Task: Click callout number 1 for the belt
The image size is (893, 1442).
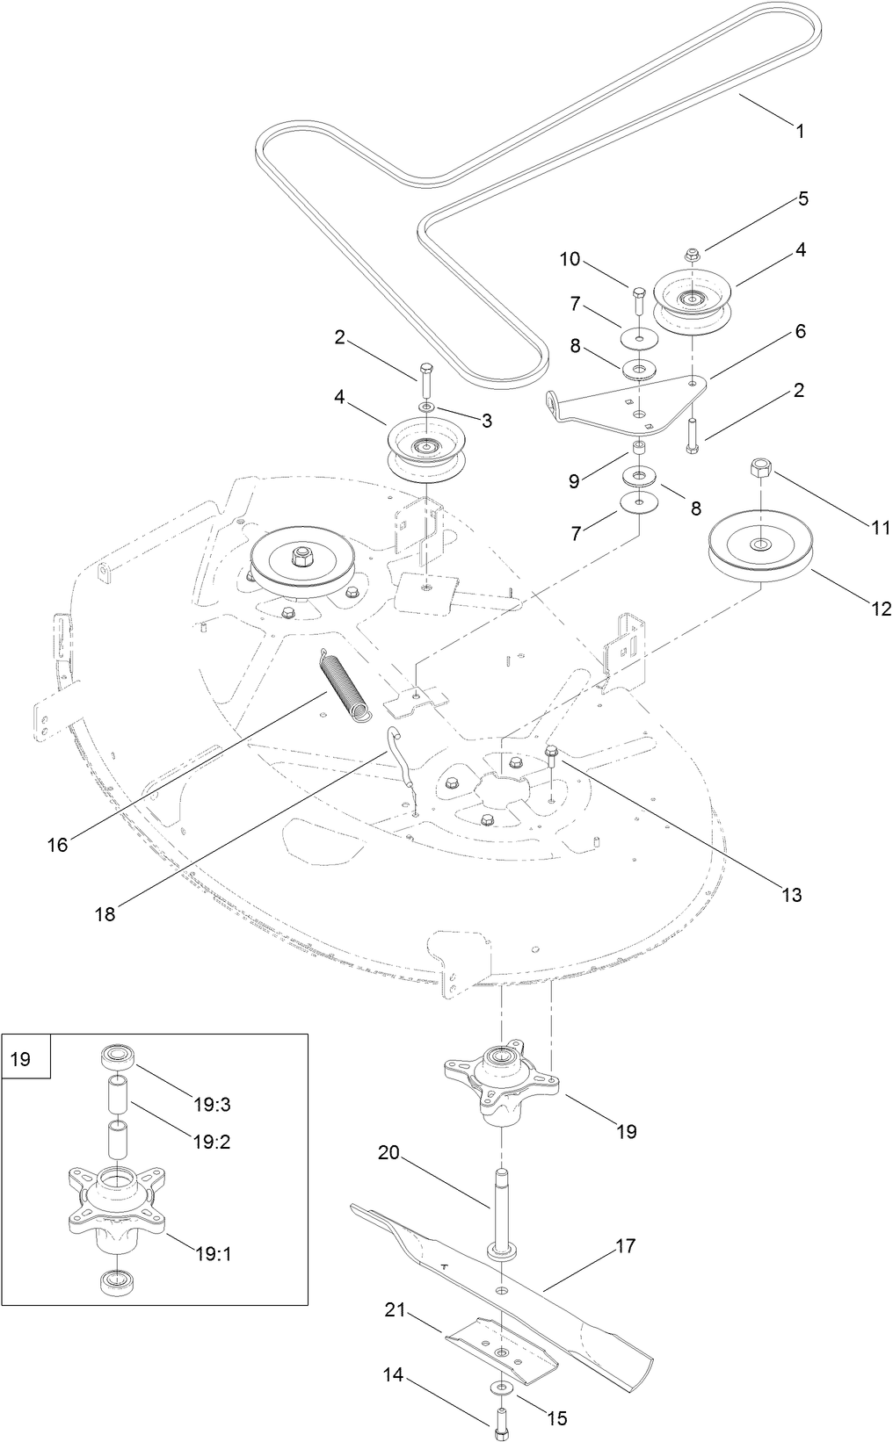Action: tap(799, 132)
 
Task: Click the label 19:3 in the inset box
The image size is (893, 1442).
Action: tap(214, 1104)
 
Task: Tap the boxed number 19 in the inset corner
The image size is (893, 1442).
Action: tap(19, 1060)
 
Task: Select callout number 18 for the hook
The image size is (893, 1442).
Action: tap(105, 913)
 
